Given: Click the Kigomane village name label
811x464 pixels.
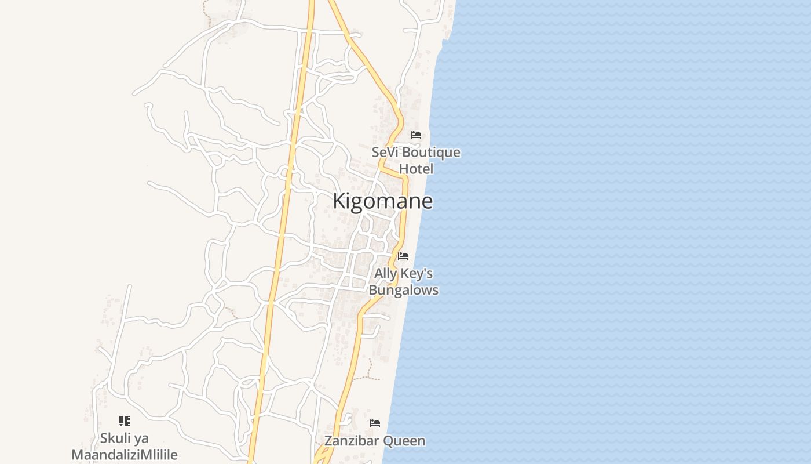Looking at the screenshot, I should click(382, 201).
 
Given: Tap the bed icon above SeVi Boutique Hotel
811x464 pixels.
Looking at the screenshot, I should click(416, 135).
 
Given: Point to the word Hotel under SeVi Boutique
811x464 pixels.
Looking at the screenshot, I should click(416, 169).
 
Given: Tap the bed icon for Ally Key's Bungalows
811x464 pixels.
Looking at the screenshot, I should click(403, 256).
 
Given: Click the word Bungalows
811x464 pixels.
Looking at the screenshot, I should click(404, 290).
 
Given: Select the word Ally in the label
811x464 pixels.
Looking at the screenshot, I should click(386, 273).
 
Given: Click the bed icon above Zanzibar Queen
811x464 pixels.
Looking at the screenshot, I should click(375, 423).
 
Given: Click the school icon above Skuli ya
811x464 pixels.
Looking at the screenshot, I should click(124, 421).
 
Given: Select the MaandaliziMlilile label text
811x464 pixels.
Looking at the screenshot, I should click(125, 455).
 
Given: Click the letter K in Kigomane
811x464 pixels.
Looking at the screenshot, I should click(339, 201).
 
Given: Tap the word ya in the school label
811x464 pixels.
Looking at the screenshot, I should click(141, 438).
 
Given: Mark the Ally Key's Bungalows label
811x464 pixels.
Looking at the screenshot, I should click(404, 282).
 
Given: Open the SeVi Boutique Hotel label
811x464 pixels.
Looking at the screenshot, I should click(416, 161).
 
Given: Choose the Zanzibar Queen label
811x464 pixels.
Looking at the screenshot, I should click(375, 441).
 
